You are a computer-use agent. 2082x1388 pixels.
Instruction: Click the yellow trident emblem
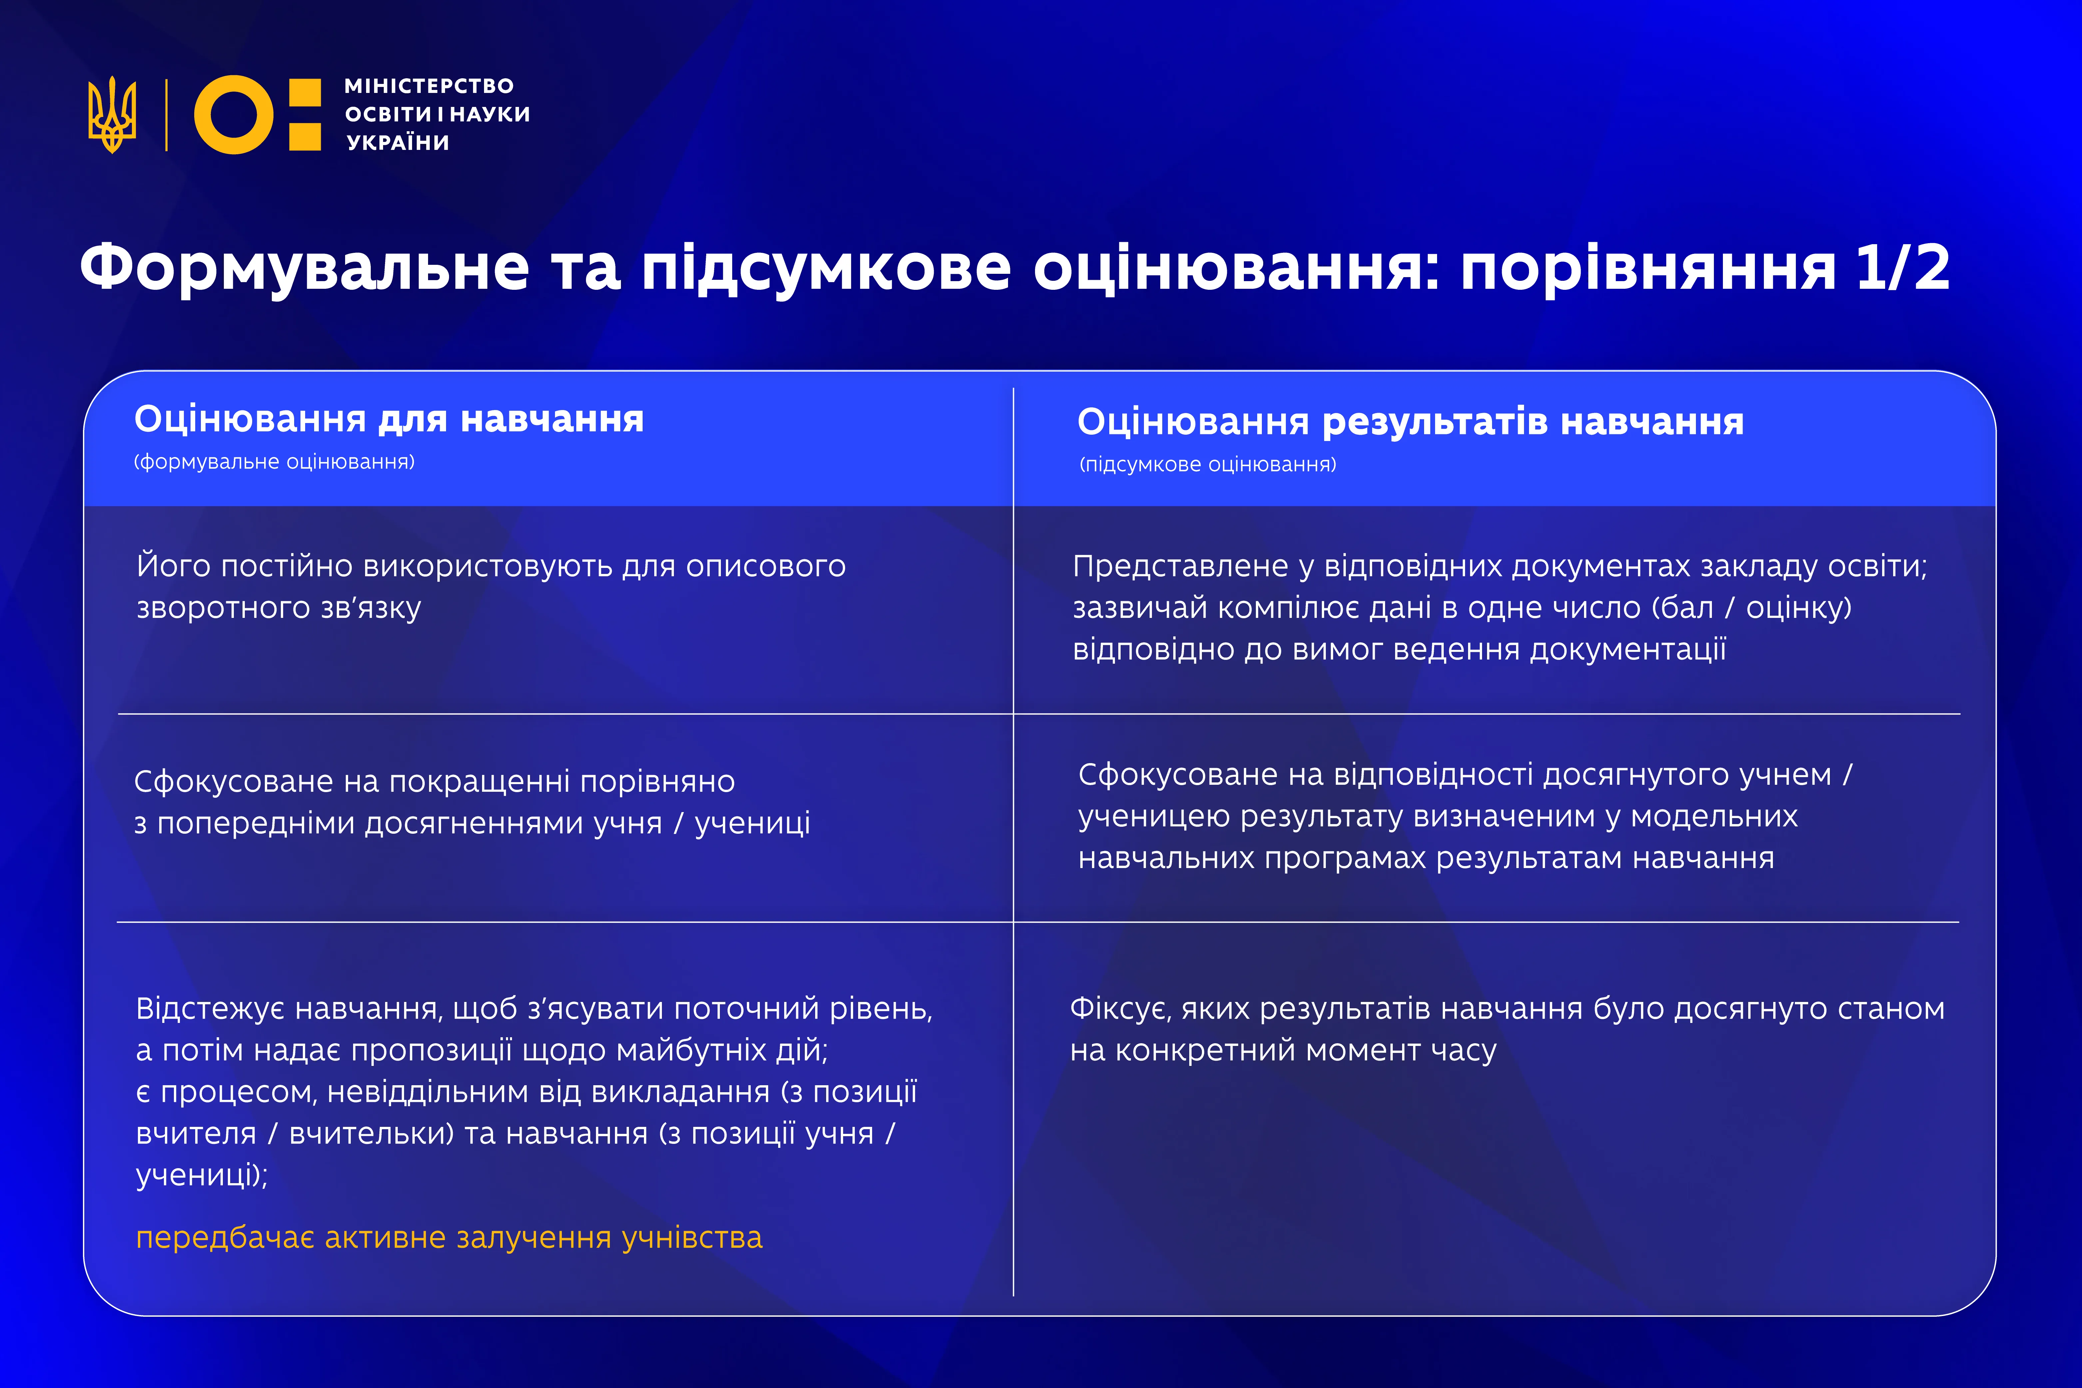tap(112, 114)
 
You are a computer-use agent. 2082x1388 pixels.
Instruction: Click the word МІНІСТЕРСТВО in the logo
tap(428, 86)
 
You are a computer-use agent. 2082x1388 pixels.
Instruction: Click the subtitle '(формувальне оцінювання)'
tap(274, 462)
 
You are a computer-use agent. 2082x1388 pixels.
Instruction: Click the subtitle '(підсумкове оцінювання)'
tap(1208, 465)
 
